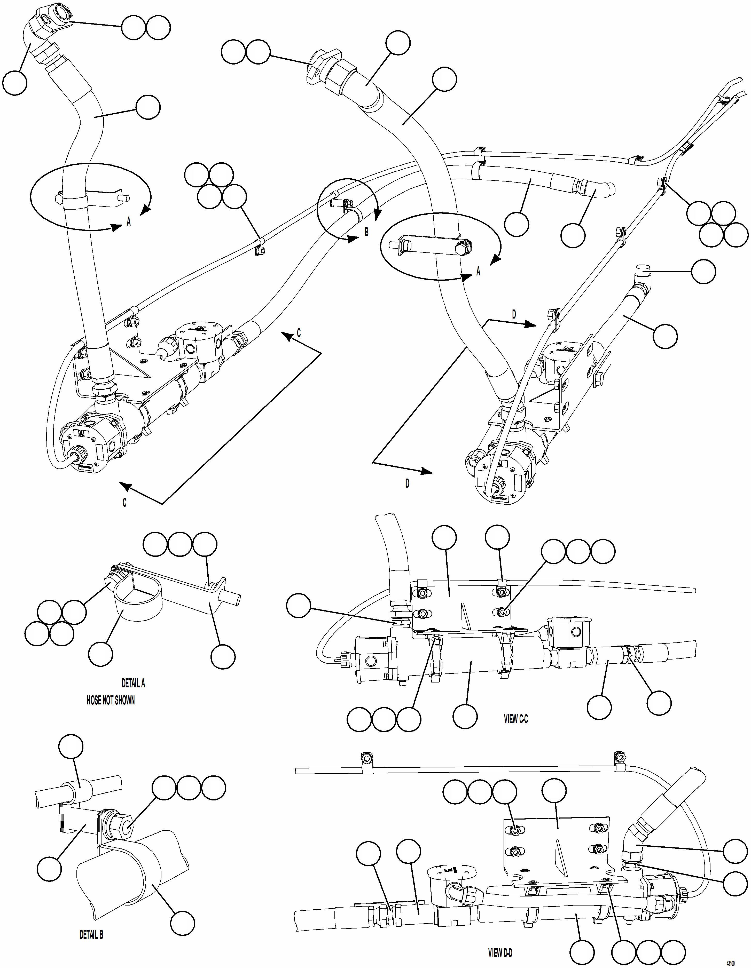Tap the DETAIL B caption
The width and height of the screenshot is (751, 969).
point(91,935)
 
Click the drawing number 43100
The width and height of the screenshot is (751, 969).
point(730,964)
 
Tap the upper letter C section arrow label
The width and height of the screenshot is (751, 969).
point(299,333)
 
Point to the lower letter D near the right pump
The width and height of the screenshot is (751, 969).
point(407,484)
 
